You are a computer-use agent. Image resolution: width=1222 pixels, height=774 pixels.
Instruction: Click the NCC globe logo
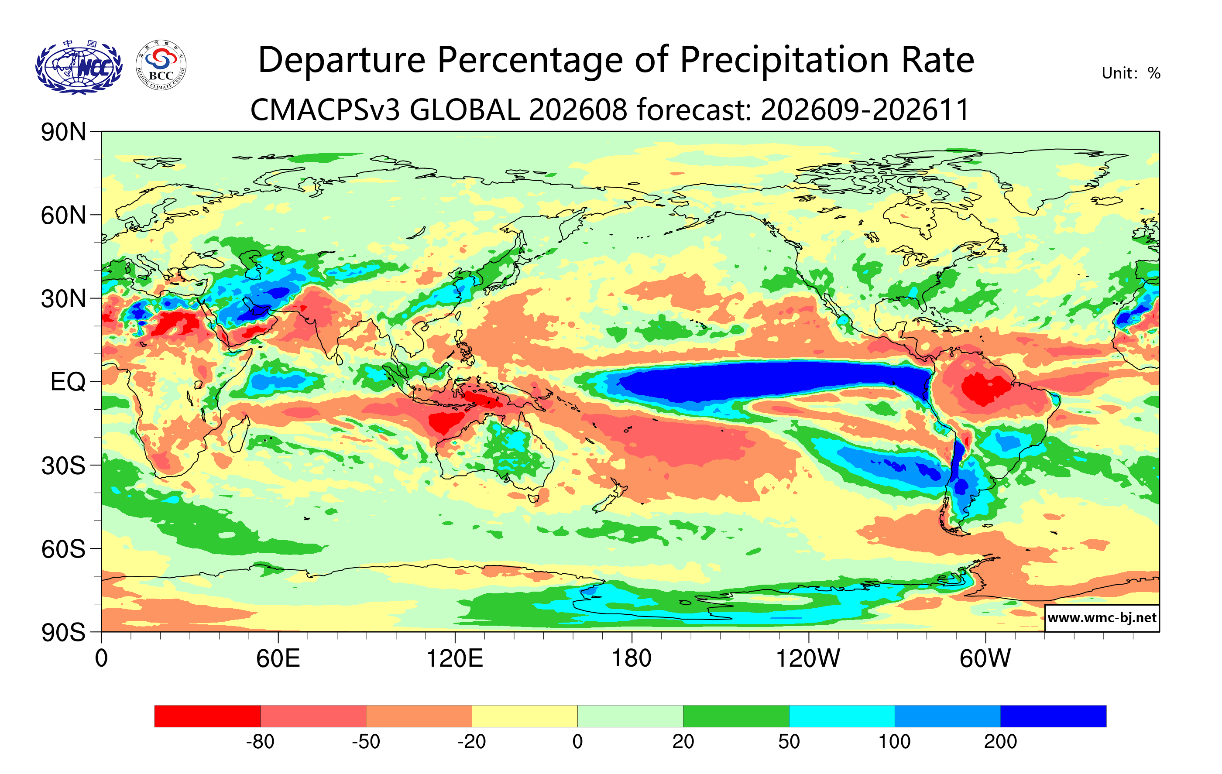point(79,67)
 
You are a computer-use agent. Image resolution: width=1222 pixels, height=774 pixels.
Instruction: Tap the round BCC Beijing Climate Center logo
point(161,65)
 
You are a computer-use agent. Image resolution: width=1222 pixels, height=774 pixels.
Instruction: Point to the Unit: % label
point(1131,73)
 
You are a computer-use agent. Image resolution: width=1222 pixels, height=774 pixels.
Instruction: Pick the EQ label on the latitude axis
point(68,382)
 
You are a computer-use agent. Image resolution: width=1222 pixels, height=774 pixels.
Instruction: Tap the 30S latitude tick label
point(63,466)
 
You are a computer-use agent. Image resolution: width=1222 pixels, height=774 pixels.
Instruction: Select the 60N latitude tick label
point(63,216)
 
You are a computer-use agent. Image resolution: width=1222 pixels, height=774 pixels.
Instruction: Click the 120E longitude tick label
point(455,659)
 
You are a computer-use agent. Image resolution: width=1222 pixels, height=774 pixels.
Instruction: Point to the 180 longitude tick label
point(632,659)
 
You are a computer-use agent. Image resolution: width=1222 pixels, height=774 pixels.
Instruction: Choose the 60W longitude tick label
point(985,659)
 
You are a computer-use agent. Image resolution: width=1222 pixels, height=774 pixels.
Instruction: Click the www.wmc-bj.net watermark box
point(1102,618)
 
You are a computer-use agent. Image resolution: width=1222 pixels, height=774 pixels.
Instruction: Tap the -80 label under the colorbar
point(261,742)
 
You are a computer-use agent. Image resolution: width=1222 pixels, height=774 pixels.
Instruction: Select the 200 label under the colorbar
point(1000,742)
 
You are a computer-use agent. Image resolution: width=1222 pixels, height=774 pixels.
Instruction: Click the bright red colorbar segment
point(208,716)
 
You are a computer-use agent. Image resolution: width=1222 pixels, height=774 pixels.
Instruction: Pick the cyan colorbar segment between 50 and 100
point(842,716)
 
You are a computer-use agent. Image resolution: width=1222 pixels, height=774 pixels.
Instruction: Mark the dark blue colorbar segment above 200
point(1054,716)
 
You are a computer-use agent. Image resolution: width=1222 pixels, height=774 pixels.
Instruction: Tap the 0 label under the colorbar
point(577,742)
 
